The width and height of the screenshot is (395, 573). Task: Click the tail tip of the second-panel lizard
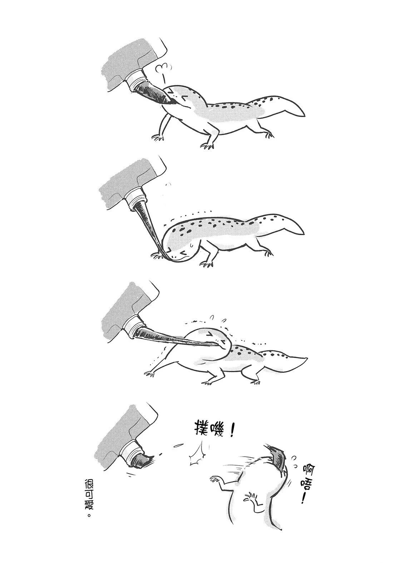pos(304,233)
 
